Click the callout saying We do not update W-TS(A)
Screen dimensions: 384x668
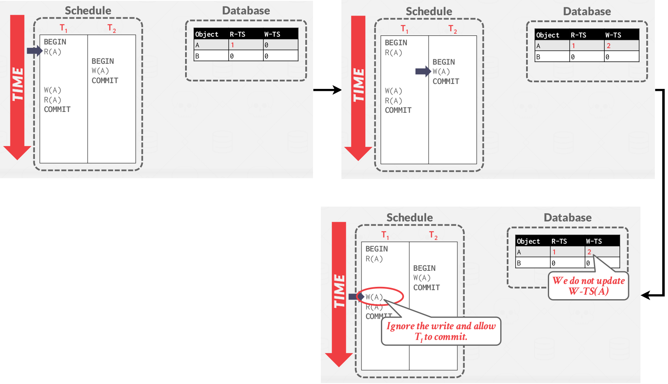[588, 286]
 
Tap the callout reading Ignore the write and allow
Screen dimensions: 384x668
[441, 331]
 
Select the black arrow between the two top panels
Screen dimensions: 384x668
[327, 90]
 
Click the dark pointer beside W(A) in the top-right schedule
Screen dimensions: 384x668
[423, 71]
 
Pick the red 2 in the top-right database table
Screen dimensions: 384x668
[608, 46]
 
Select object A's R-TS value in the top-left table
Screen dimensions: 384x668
[232, 45]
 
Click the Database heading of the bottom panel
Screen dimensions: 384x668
[568, 218]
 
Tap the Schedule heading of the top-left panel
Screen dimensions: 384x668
[88, 11]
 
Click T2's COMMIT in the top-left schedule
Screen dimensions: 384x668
[105, 81]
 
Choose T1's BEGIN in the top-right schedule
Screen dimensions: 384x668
[396, 43]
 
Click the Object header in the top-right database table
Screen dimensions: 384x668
[547, 35]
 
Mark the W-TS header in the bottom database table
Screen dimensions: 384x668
[594, 242]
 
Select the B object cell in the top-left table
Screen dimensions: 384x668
[197, 56]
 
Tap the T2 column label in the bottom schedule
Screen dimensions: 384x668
[433, 235]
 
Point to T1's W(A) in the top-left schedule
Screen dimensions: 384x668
[53, 90]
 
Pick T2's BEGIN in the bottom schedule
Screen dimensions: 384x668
[424, 268]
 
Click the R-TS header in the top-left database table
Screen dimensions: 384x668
[237, 35]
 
